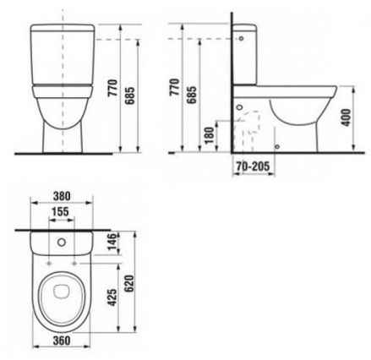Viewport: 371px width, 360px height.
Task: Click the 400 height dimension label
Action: [x=346, y=117]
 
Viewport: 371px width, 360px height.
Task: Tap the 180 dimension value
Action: [x=210, y=135]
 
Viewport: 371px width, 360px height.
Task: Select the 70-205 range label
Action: [x=253, y=166]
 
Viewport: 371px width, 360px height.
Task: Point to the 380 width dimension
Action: [x=62, y=196]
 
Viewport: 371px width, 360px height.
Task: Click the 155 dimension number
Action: [x=61, y=211]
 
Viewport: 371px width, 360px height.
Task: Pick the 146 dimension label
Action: [x=112, y=242]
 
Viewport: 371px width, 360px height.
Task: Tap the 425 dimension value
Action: [x=112, y=297]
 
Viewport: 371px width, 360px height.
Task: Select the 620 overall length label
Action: [x=129, y=284]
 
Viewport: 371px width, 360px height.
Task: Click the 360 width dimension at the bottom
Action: [x=62, y=341]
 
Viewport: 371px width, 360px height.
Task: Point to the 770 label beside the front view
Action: [x=112, y=88]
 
